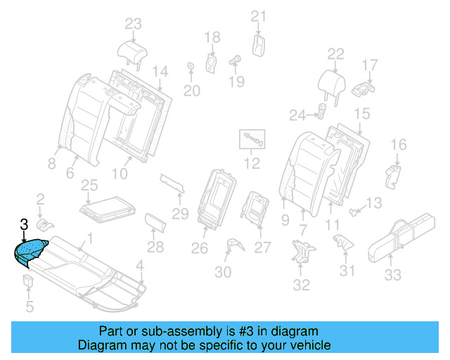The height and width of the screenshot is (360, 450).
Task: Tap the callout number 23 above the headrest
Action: pyautogui.click(x=134, y=24)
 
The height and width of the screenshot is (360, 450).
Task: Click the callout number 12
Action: pyautogui.click(x=252, y=165)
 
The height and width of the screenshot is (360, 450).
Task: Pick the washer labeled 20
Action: pyautogui.click(x=191, y=67)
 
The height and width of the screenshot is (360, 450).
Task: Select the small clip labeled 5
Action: pyautogui.click(x=28, y=283)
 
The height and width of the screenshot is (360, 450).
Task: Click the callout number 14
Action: pyautogui.click(x=160, y=71)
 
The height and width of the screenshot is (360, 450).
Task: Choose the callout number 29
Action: pyautogui.click(x=181, y=213)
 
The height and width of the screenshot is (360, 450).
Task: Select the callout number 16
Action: pyautogui.click(x=398, y=146)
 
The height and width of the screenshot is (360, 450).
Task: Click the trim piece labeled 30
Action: pyautogui.click(x=235, y=244)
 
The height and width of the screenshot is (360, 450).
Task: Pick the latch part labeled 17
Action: pyautogui.click(x=362, y=89)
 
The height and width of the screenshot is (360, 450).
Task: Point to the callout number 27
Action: pyautogui.click(x=262, y=247)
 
